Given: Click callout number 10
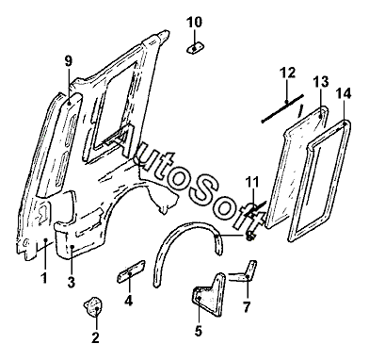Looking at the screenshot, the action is click(194, 23).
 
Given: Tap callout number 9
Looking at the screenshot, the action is click(69, 61).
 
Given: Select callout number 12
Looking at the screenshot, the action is click(287, 73).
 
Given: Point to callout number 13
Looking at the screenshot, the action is click(321, 82).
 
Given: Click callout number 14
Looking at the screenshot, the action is click(344, 93).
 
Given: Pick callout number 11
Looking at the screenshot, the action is click(252, 182).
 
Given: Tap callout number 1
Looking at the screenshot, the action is click(44, 278).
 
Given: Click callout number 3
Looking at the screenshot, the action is click(72, 282).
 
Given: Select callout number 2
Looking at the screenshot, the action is click(95, 337).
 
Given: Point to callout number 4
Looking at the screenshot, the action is click(128, 301).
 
